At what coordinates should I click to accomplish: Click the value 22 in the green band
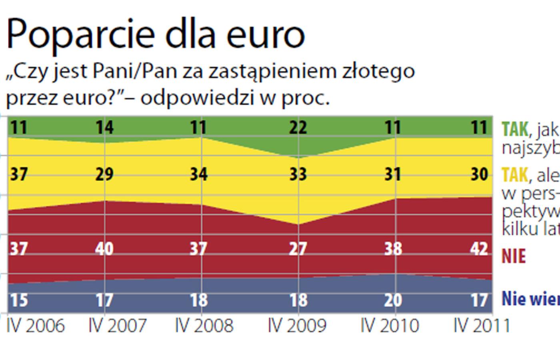click(x=298, y=128)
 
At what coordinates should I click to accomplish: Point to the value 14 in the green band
click(x=105, y=128)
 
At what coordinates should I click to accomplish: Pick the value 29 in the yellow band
click(x=105, y=174)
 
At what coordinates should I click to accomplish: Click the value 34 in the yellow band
click(x=198, y=174)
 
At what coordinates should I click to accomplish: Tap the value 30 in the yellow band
click(x=479, y=174)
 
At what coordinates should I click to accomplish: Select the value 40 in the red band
click(x=104, y=249)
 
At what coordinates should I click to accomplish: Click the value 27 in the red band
click(x=298, y=249)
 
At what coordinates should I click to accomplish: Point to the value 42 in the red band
click(x=479, y=249)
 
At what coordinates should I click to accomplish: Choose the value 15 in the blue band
click(x=19, y=300)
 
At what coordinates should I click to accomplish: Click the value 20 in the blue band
click(x=393, y=300)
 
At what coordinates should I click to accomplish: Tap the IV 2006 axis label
click(x=36, y=326)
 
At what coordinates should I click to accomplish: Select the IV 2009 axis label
click(x=297, y=326)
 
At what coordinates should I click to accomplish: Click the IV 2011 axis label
click(x=482, y=326)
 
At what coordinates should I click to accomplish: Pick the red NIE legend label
click(x=514, y=256)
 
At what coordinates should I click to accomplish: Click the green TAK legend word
click(x=515, y=129)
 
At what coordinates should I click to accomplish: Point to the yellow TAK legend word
click(x=515, y=175)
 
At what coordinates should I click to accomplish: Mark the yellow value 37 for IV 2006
click(x=19, y=174)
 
